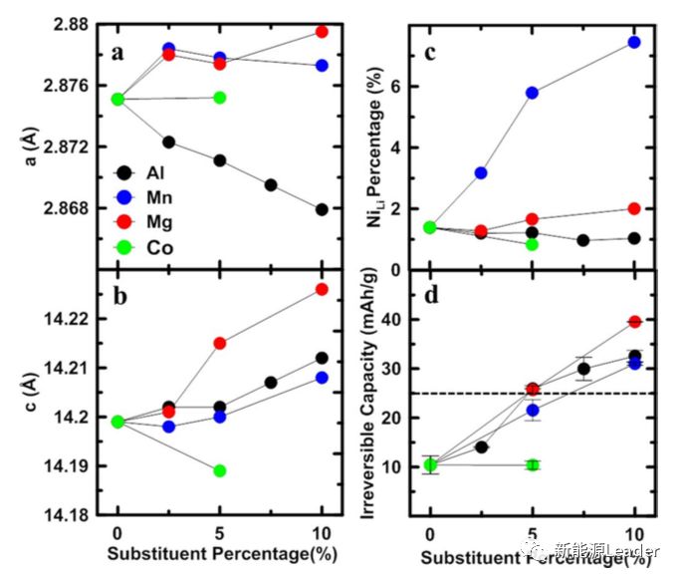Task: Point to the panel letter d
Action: (x=430, y=296)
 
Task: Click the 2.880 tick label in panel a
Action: (x=64, y=24)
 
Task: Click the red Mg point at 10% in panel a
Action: (x=322, y=32)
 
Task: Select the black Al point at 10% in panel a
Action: (x=322, y=209)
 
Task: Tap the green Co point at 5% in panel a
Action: (x=220, y=98)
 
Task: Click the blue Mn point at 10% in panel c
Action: (x=634, y=42)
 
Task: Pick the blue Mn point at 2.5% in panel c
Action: (x=481, y=173)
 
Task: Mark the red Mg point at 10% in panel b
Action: (x=322, y=289)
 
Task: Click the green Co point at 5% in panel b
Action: (x=220, y=470)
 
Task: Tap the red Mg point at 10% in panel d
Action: (x=634, y=322)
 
